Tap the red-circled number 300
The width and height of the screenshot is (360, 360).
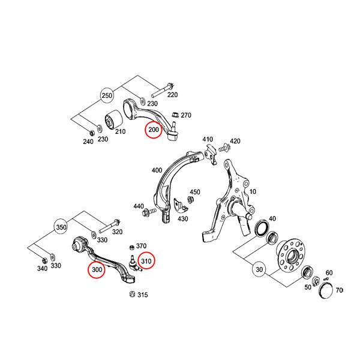(x=97, y=270)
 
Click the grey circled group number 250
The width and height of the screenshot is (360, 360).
(x=107, y=96)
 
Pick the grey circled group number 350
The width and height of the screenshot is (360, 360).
(x=61, y=228)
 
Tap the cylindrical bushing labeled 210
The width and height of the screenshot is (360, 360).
(x=113, y=121)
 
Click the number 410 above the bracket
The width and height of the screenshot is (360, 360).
(x=208, y=140)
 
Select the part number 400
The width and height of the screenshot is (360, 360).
(x=158, y=170)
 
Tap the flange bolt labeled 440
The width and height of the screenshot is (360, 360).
(x=146, y=212)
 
